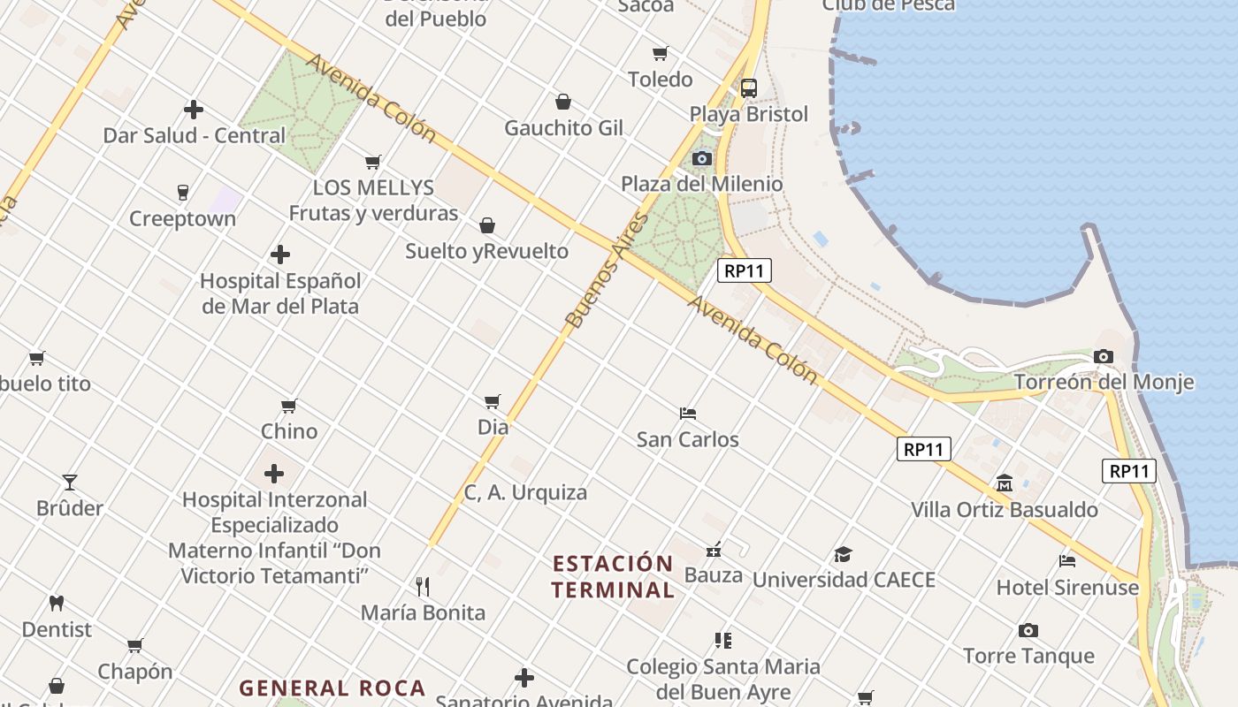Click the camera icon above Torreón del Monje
tap(1103, 356)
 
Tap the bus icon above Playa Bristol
tap(749, 87)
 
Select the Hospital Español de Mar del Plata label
tap(280, 293)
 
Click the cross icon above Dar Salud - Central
tap(194, 110)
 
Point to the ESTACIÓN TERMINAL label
tap(613, 576)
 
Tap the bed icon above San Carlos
tap(688, 413)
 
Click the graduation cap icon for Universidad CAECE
tap(843, 554)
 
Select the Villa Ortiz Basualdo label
tap(1005, 510)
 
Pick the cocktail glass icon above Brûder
tap(70, 482)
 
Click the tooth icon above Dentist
tap(57, 604)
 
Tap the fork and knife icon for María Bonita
tap(423, 586)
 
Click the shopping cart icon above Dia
tap(493, 401)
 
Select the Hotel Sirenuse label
tap(1067, 588)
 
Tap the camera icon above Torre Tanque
tap(1028, 630)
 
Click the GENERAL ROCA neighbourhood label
tap(332, 688)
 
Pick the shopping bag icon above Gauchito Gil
tap(563, 102)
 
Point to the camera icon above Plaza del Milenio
tap(702, 158)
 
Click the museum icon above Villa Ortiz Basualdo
tap(1005, 483)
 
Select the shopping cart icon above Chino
tap(289, 406)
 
